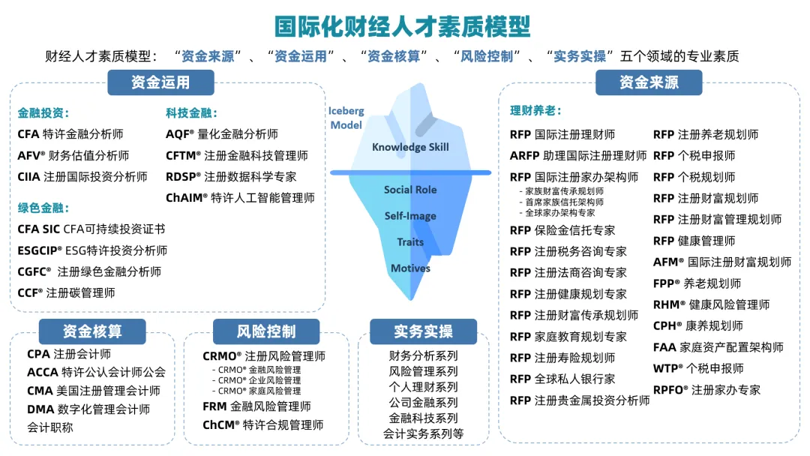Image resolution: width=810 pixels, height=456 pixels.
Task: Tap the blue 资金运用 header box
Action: (160, 82)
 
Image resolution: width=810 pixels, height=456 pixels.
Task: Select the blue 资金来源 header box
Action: (649, 82)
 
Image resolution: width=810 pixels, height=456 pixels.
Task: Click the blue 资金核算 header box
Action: (92, 331)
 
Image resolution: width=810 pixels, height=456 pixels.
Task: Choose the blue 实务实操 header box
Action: (423, 331)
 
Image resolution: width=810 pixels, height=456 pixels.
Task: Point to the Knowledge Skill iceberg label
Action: (410, 147)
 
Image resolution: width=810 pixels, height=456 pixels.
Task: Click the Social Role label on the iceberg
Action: (410, 190)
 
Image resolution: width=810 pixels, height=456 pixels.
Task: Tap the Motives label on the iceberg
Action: (410, 268)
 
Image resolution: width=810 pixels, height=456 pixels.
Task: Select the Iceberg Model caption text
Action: (346, 118)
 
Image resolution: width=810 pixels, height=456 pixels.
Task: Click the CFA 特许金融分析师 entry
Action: (70, 134)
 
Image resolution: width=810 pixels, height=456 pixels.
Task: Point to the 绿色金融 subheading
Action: (43, 208)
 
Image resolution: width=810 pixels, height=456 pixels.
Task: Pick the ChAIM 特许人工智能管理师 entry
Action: (240, 198)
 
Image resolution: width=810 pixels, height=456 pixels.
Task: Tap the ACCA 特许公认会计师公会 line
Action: (96, 372)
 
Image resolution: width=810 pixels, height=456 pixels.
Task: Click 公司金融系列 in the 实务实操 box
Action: (423, 403)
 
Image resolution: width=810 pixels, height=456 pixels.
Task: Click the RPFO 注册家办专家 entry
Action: (706, 390)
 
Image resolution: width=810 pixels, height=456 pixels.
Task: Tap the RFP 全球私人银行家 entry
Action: (562, 379)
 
